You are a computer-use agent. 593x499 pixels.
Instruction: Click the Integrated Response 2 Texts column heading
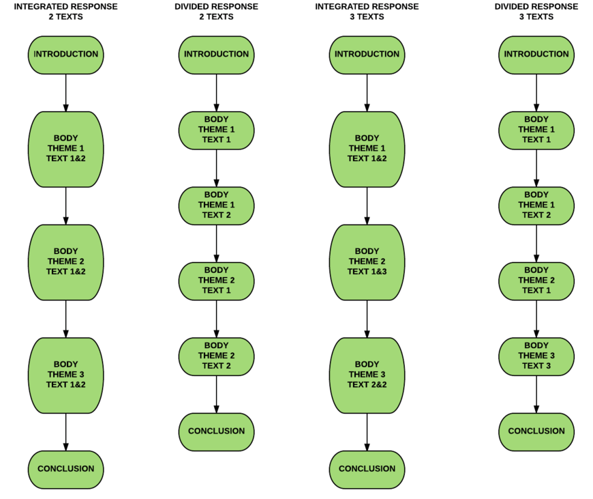click(x=66, y=12)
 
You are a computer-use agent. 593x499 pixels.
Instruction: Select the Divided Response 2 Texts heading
click(x=216, y=12)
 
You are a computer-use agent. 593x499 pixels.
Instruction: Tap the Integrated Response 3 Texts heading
click(x=367, y=12)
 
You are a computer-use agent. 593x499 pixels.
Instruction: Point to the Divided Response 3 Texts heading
click(x=536, y=12)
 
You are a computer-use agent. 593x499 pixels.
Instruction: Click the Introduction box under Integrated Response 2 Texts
click(x=66, y=55)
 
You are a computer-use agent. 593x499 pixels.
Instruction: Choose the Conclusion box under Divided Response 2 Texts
click(x=216, y=432)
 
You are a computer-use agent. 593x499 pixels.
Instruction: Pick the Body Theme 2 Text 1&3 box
click(x=367, y=262)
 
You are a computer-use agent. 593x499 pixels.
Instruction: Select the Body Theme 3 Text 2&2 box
click(x=367, y=375)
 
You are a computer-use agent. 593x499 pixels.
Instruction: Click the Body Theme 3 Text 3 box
click(x=536, y=356)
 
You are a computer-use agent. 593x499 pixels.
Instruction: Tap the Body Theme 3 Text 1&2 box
click(x=66, y=375)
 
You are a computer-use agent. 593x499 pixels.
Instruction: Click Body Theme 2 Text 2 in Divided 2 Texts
click(x=216, y=356)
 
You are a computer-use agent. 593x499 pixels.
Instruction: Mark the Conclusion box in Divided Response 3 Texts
click(x=536, y=432)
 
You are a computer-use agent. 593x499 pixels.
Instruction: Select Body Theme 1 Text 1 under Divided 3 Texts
click(x=536, y=130)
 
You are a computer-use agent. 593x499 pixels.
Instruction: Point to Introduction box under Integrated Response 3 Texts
click(x=367, y=55)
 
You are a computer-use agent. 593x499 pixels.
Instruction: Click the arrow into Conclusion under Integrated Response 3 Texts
click(x=367, y=432)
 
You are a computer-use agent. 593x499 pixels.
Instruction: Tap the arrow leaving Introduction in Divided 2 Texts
click(x=216, y=93)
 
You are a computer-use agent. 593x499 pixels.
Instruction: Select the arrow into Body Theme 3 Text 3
click(x=536, y=319)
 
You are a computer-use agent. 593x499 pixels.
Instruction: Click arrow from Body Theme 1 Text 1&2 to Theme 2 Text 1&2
click(x=66, y=205)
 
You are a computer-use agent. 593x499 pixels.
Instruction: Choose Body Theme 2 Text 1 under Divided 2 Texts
click(x=216, y=281)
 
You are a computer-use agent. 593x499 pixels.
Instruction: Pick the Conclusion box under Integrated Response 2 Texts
click(x=66, y=470)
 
